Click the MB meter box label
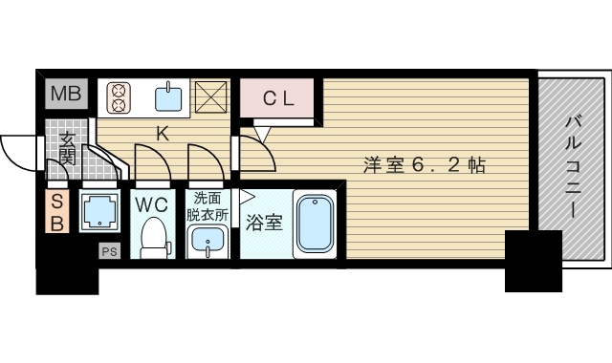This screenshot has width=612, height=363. point(66,95)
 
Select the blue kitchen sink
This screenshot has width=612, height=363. point(169,96)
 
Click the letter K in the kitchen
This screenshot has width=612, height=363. point(163,135)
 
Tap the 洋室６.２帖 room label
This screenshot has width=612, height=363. point(424,164)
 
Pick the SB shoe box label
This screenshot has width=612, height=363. point(56,212)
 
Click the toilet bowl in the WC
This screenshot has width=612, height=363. point(152,236)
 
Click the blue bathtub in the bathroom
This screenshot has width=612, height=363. point(313,225)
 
